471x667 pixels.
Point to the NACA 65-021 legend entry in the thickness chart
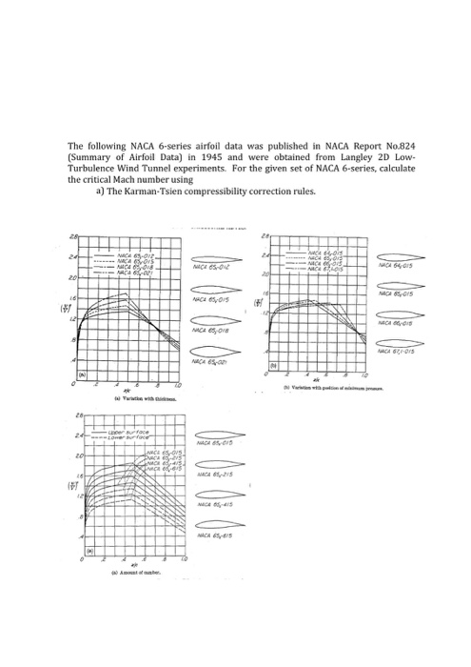[134, 273]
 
